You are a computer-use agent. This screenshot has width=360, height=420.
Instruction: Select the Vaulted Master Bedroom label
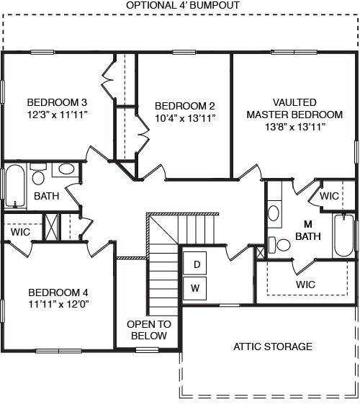point(294,108)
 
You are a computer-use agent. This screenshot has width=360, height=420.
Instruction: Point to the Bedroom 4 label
point(58,292)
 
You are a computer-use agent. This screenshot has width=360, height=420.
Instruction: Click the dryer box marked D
point(195,264)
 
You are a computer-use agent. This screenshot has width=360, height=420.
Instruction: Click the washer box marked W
point(195,289)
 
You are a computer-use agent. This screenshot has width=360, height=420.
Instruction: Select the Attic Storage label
point(273,347)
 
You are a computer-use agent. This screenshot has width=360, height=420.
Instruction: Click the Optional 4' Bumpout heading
point(183,5)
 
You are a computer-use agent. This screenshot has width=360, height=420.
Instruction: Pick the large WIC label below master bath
point(305,285)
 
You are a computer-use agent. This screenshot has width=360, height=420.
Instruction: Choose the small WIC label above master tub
point(329,196)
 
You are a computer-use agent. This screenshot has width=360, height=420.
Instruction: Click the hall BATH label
point(46,196)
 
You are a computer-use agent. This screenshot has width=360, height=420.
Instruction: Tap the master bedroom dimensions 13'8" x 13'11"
point(294,127)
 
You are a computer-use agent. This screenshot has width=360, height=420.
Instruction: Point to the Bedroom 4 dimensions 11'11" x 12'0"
point(58,305)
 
